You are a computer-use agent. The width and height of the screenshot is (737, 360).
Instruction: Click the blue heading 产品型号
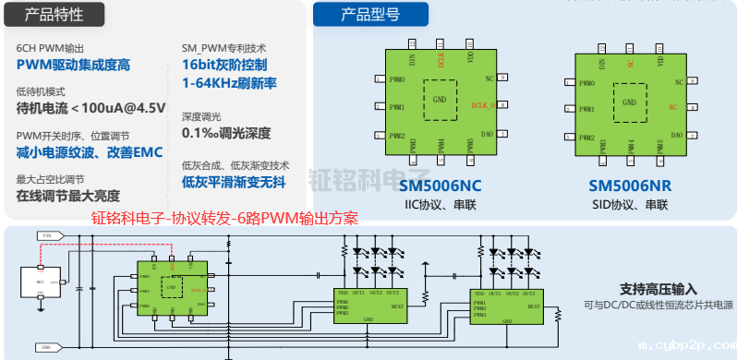[369, 14]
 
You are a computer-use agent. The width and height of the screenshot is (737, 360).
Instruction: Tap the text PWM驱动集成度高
[74, 65]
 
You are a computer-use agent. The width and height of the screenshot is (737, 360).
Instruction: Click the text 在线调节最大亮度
[69, 196]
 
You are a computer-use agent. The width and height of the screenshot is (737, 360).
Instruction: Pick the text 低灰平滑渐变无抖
[234, 182]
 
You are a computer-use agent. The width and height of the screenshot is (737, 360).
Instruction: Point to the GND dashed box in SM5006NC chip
[440, 98]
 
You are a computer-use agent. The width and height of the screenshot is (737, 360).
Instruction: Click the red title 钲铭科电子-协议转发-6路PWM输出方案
[224, 219]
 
